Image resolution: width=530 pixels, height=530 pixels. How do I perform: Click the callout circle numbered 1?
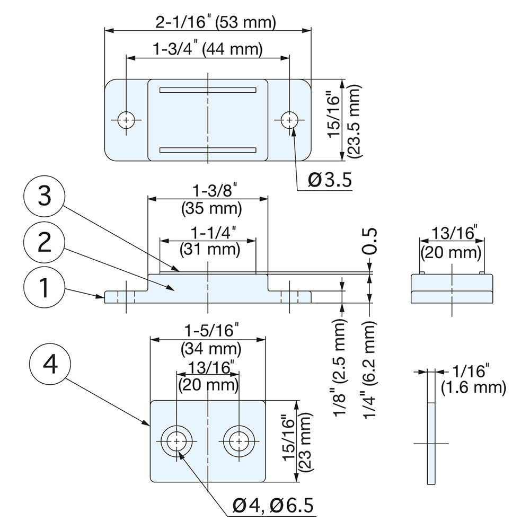[x=45, y=289]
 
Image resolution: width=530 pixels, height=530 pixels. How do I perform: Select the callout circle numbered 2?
[x=45, y=243]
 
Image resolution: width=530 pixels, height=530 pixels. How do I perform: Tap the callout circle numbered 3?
[x=45, y=197]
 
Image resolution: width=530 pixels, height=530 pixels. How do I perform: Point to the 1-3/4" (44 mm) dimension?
[x=208, y=50]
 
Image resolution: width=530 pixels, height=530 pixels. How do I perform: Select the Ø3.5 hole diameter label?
[x=330, y=181]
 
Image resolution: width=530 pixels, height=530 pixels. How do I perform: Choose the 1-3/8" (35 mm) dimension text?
[x=208, y=199]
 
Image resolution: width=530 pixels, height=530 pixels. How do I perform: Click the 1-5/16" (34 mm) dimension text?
[x=208, y=340]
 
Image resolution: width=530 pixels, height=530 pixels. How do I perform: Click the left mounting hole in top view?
[x=126, y=120]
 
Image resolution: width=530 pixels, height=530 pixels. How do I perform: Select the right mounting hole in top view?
[x=289, y=120]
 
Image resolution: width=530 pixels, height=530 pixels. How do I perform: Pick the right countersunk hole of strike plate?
[x=239, y=441]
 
